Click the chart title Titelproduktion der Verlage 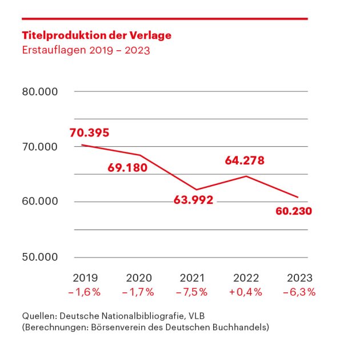pyautogui.click(x=96, y=35)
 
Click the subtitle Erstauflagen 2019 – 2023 pyautogui.click(x=86, y=50)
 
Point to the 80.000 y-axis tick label pyautogui.click(x=40, y=92)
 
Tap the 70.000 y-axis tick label pyautogui.click(x=40, y=147)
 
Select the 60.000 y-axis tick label pyautogui.click(x=40, y=202)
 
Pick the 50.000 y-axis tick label pyautogui.click(x=40, y=257)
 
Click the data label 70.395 pyautogui.click(x=89, y=133)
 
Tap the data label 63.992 pyautogui.click(x=193, y=200)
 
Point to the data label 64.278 pyautogui.click(x=245, y=161)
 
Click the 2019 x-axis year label pyautogui.click(x=85, y=278)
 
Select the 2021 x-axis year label pyautogui.click(x=192, y=278)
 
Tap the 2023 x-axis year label pyautogui.click(x=299, y=278)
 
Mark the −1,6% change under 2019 pyautogui.click(x=85, y=292)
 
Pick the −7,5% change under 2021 pyautogui.click(x=192, y=292)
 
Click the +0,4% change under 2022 pyautogui.click(x=245, y=292)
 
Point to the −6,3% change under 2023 pyautogui.click(x=299, y=292)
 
